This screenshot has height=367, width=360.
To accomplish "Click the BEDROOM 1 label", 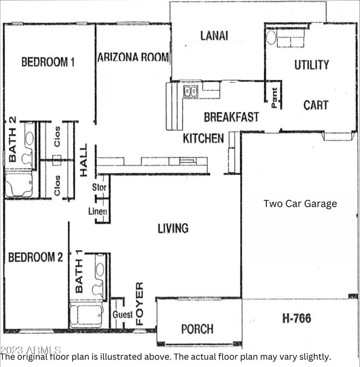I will point(48,62).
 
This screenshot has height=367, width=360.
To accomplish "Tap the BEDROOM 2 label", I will point(35,257).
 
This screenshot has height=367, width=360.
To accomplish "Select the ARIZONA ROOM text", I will point(133,57).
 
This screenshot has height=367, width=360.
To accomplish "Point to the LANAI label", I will point(214,36).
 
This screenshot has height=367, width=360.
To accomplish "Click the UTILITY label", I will point(311,65).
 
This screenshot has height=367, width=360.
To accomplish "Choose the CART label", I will point(316,105).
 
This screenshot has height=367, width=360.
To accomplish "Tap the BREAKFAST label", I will point(231,117).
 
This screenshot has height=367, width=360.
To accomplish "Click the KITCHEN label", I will point(203,138).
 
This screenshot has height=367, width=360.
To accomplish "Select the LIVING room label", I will point(173,228).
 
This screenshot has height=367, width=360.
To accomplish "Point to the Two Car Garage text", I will point(300,203).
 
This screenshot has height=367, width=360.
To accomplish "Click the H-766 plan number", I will point(296,318).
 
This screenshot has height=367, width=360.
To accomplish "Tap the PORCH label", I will point(197,329).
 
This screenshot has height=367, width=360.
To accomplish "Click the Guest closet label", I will point(122,314).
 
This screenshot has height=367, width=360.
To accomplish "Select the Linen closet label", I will point(97,212).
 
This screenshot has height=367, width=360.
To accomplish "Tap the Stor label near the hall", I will point(100,188).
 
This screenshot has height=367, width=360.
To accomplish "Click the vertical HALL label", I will point(84,161).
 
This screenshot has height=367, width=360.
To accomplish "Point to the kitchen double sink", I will point(191,91).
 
